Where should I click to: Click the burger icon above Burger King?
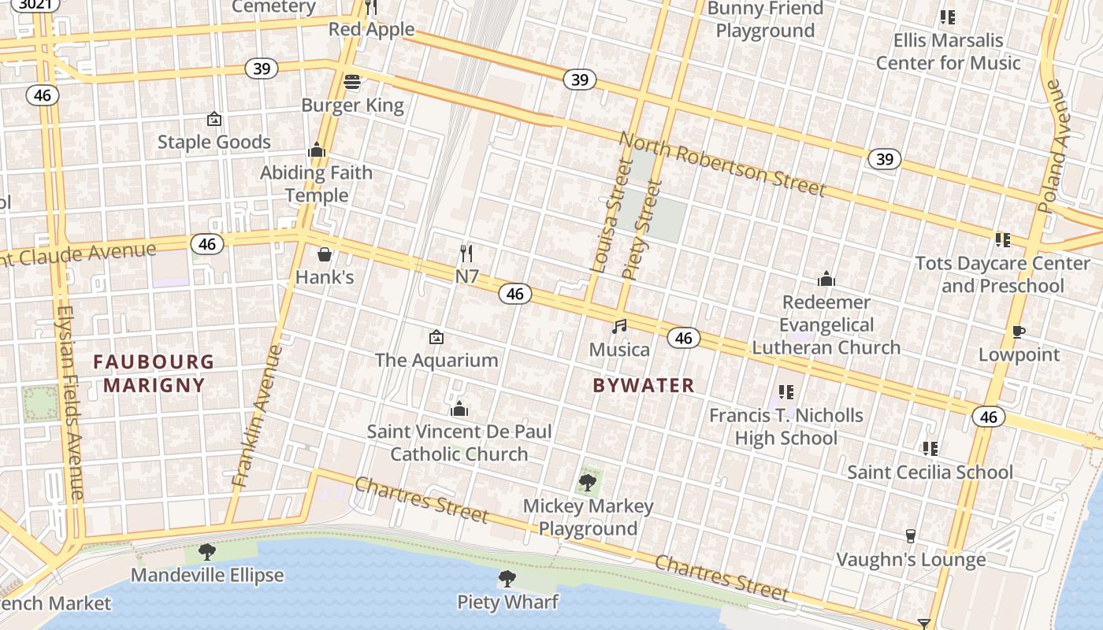(x=352, y=82)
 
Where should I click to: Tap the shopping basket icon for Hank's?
(x=324, y=254)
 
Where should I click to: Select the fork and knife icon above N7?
(x=466, y=253)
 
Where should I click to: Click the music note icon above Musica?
(x=620, y=326)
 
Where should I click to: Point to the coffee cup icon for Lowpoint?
(x=1018, y=332)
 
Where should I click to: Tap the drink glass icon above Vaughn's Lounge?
(x=911, y=536)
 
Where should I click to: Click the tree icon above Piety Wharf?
(x=507, y=580)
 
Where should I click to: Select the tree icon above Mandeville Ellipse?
(x=207, y=551)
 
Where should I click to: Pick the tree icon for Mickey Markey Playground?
(x=588, y=482)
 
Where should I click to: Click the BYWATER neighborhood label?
(x=644, y=385)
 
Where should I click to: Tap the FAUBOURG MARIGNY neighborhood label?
(x=154, y=373)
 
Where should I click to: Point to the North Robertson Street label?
(x=722, y=165)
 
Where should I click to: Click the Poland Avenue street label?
(x=1055, y=146)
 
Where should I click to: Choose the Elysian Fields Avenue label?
(x=69, y=402)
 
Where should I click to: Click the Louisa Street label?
(x=611, y=217)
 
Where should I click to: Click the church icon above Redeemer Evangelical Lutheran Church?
(x=826, y=279)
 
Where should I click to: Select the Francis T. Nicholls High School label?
(x=786, y=426)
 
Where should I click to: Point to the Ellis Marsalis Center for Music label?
(x=948, y=51)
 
